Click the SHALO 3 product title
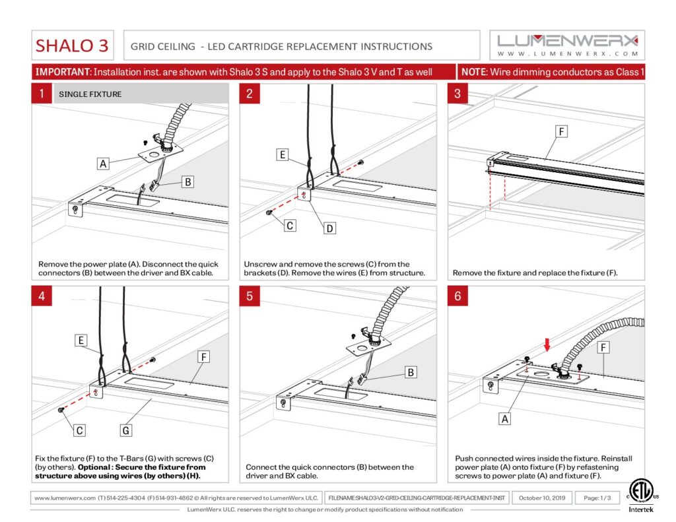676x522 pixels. [73, 46]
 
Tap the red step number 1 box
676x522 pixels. [41, 94]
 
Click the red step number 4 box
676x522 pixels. [41, 296]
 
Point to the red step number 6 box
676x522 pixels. [457, 296]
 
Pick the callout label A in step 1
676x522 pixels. [103, 163]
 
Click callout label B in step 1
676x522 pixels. [188, 181]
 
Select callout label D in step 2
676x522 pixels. [329, 228]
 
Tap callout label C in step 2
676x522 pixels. [289, 225]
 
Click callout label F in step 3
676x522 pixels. [561, 131]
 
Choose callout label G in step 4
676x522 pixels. [126, 430]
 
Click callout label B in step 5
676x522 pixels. [411, 372]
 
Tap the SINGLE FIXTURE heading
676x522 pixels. [90, 94]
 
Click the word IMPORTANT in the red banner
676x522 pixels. [62, 71]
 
